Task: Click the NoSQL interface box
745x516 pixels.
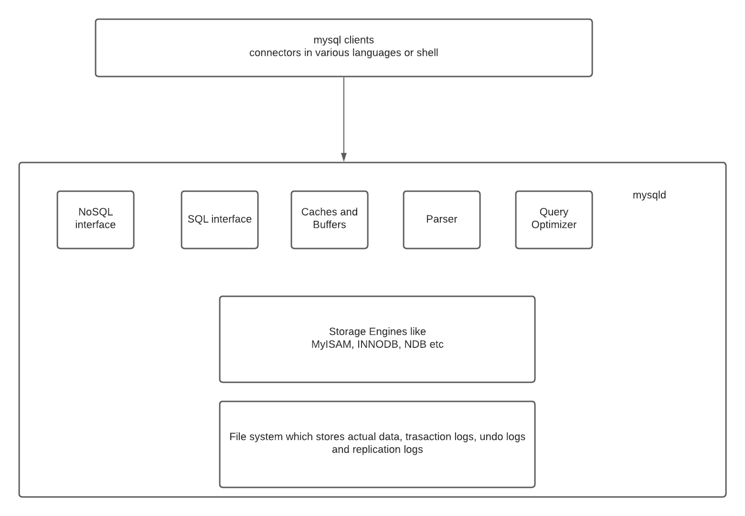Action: [96, 220]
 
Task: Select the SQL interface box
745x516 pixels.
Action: [220, 220]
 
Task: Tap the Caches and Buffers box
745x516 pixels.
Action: [330, 220]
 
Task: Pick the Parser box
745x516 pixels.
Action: [442, 220]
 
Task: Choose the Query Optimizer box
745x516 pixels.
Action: [554, 220]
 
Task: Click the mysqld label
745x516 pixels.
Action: [649, 195]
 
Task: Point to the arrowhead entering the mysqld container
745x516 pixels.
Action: [344, 157]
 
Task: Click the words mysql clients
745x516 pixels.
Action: [344, 40]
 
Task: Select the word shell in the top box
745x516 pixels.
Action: [427, 53]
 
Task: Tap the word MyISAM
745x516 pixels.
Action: [331, 344]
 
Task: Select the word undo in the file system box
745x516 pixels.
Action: [491, 437]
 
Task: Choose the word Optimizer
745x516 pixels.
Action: [554, 225]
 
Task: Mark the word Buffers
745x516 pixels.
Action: [330, 225]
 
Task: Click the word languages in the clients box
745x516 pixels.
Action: [377, 53]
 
